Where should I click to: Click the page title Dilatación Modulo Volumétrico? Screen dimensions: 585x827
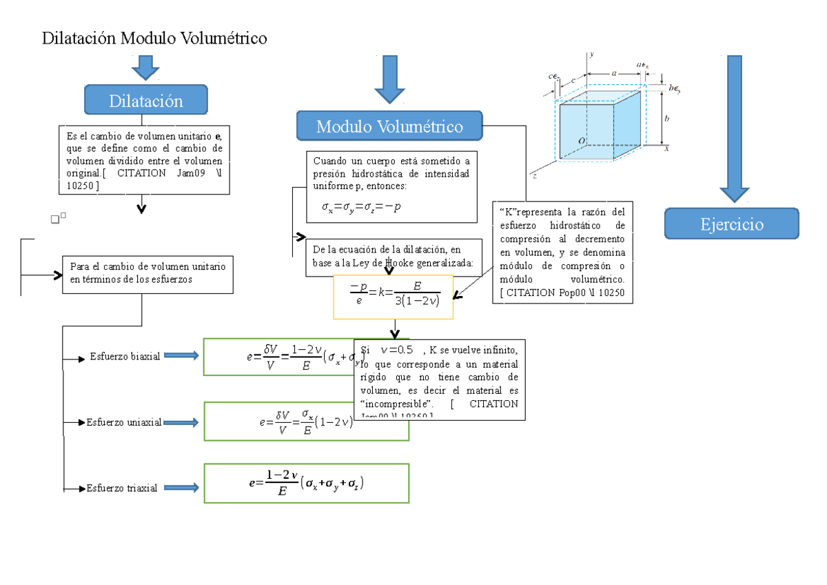click(154, 39)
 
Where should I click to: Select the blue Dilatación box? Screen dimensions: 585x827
click(145, 101)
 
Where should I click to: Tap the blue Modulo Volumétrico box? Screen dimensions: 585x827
click(389, 126)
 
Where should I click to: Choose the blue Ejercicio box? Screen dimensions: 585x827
click(731, 224)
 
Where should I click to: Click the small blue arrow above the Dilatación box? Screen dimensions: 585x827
click(145, 68)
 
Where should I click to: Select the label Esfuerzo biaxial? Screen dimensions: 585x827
click(125, 357)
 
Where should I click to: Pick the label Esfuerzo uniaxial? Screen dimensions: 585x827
click(124, 422)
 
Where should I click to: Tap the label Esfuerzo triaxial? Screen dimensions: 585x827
click(122, 488)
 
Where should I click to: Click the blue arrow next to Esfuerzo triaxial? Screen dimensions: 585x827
click(181, 488)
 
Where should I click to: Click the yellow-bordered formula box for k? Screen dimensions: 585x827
click(393, 297)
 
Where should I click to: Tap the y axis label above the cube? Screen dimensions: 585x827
click(592, 54)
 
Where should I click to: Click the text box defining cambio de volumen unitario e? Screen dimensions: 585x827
click(145, 159)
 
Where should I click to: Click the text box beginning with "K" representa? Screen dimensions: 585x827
click(562, 252)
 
